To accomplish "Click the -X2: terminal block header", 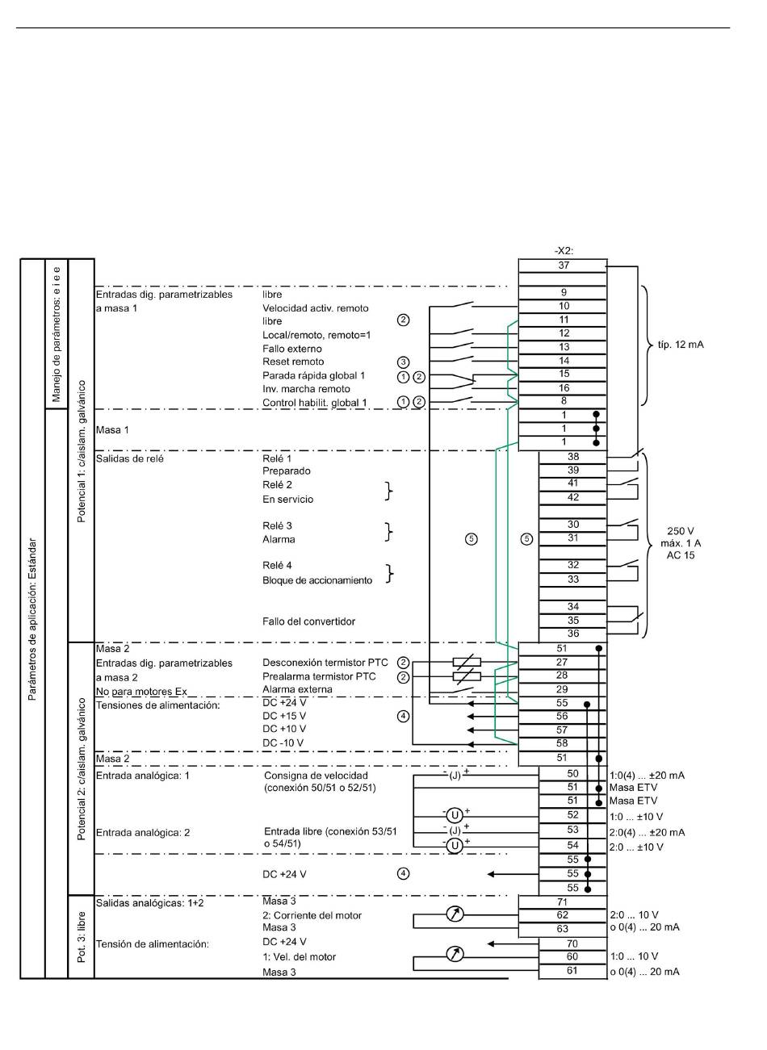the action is tap(564, 251).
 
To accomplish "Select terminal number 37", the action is tap(564, 266).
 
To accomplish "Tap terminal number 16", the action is tap(564, 388).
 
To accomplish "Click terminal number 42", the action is tap(573, 497).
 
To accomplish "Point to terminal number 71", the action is tap(562, 901).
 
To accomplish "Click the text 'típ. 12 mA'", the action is tap(681, 345).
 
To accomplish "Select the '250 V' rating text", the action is tap(681, 531).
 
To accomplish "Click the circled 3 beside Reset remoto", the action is tap(403, 362).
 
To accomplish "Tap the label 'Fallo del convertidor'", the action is tap(308, 621).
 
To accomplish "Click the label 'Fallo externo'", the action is tap(292, 349).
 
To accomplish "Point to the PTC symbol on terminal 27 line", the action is tap(467, 663).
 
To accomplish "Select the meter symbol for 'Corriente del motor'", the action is tap(455, 914).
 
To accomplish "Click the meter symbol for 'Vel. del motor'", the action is tap(455, 955).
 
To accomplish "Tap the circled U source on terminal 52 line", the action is tap(455, 816).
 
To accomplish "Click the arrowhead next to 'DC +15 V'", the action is tap(470, 717).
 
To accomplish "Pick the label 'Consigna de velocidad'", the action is tap(316, 776).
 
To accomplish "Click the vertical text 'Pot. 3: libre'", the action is tap(81, 938).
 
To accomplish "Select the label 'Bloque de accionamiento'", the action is tap(317, 580).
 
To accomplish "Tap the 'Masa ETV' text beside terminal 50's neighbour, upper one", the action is tap(634, 788).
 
